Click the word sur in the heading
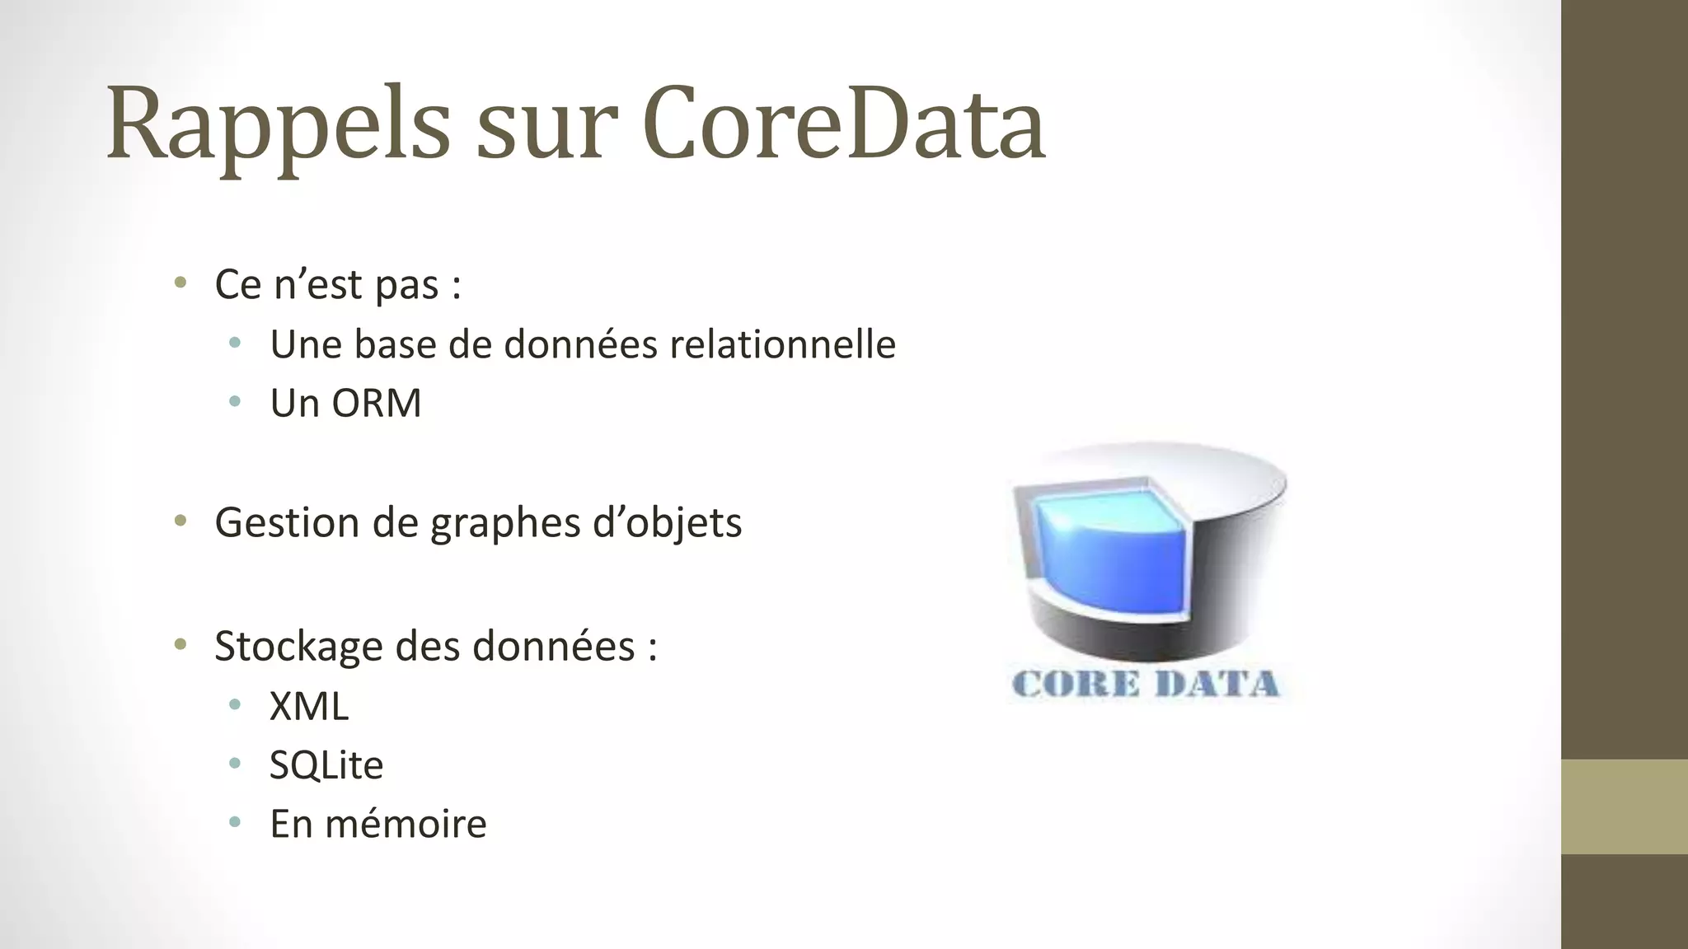coord(546,132)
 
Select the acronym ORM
coord(376,404)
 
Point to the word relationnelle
coord(782,344)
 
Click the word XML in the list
coord(309,707)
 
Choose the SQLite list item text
coord(326,765)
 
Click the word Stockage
coord(298,646)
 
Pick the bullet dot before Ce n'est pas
coord(181,283)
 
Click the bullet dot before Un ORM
coord(235,402)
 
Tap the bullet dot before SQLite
coord(235,764)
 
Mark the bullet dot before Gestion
coord(181,521)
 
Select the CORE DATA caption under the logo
coord(1146,685)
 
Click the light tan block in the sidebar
coord(1625,806)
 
